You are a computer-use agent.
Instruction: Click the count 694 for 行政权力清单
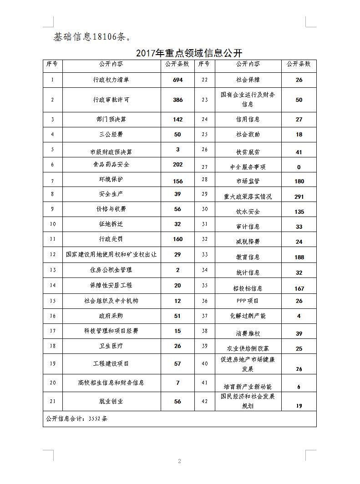coord(177,80)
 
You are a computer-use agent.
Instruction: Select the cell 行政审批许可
coord(111,100)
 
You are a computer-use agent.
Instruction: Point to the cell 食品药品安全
coord(111,164)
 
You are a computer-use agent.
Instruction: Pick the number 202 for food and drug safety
coord(177,165)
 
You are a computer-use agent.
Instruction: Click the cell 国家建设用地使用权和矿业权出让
coord(111,255)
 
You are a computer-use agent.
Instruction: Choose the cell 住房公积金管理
coord(111,270)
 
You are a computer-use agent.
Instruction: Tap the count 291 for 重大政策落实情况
coord(299,197)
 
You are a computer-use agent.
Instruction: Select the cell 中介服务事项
coord(248,167)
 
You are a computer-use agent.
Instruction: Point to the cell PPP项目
coord(248,301)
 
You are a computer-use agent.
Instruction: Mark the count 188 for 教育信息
coord(299,257)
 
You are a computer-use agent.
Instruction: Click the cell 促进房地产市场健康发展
coord(248,364)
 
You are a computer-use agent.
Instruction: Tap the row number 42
coord(204,401)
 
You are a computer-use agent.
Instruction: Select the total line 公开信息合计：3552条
coord(77,419)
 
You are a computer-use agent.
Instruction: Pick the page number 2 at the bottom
coord(179,461)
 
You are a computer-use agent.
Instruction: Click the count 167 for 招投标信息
coord(299,288)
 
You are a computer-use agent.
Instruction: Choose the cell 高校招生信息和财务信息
coord(111,383)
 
